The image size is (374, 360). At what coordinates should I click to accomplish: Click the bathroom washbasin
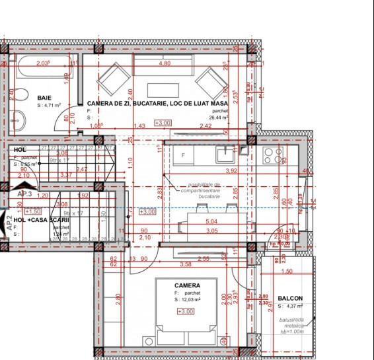coord(18,120)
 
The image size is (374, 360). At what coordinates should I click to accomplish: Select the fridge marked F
coord(184,155)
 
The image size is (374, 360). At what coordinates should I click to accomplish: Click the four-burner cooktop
coord(273,156)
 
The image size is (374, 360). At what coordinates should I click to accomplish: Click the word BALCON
coord(291,298)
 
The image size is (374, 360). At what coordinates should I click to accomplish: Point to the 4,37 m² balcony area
coord(293,306)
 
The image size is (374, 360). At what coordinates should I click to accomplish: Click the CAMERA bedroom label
coord(188,285)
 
